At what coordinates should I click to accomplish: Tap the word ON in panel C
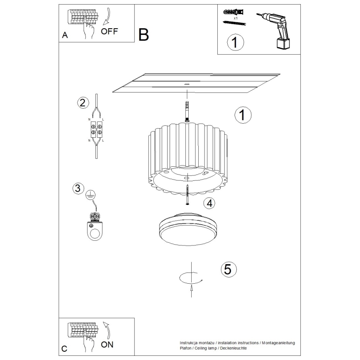pyautogui.click(x=107, y=344)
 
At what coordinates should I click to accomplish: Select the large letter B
pyautogui.click(x=144, y=35)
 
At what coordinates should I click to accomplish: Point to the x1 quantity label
pyautogui.click(x=235, y=18)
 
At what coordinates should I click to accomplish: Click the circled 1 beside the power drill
pyautogui.click(x=235, y=43)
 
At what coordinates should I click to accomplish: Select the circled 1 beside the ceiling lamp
pyautogui.click(x=243, y=115)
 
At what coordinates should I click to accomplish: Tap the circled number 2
pyautogui.click(x=83, y=103)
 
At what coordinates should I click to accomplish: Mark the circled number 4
pyautogui.click(x=210, y=203)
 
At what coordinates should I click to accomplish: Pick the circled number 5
pyautogui.click(x=227, y=269)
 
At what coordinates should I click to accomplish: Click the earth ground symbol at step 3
pyautogui.click(x=90, y=194)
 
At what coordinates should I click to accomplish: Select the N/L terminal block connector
pyautogui.click(x=96, y=129)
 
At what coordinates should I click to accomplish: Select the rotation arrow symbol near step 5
pyautogui.click(x=190, y=279)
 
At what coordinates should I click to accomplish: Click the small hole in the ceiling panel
pyautogui.click(x=187, y=84)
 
